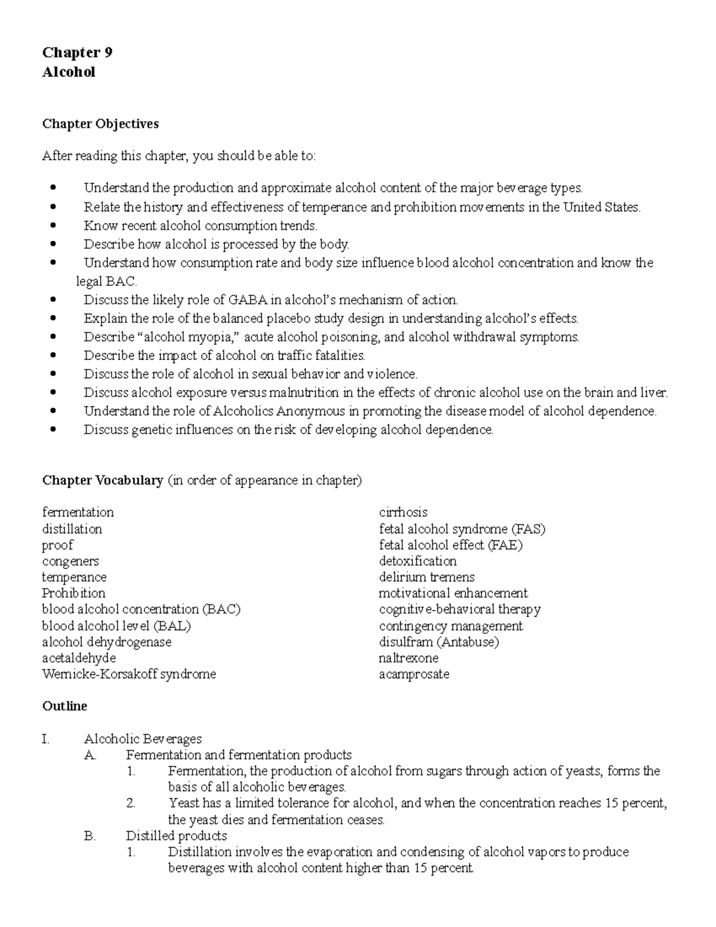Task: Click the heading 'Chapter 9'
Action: (x=77, y=53)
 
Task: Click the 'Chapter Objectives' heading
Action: (x=100, y=124)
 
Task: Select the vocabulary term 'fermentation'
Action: (x=78, y=512)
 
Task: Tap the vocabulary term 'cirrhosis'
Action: (x=403, y=512)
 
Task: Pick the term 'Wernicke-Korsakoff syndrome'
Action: (x=129, y=674)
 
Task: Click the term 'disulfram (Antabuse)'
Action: (x=439, y=642)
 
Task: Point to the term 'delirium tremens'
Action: (x=427, y=577)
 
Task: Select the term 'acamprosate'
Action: (x=413, y=674)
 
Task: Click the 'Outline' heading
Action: (x=64, y=706)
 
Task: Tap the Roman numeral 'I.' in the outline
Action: (x=45, y=739)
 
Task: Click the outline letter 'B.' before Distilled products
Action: (x=90, y=836)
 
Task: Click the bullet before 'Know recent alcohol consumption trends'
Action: (x=55, y=226)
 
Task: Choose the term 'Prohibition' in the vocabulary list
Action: (x=73, y=593)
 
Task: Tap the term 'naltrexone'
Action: (x=408, y=658)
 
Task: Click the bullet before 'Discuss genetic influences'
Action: (x=55, y=430)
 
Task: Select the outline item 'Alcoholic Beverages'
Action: (x=143, y=739)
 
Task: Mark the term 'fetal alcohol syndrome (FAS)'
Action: (x=462, y=529)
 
